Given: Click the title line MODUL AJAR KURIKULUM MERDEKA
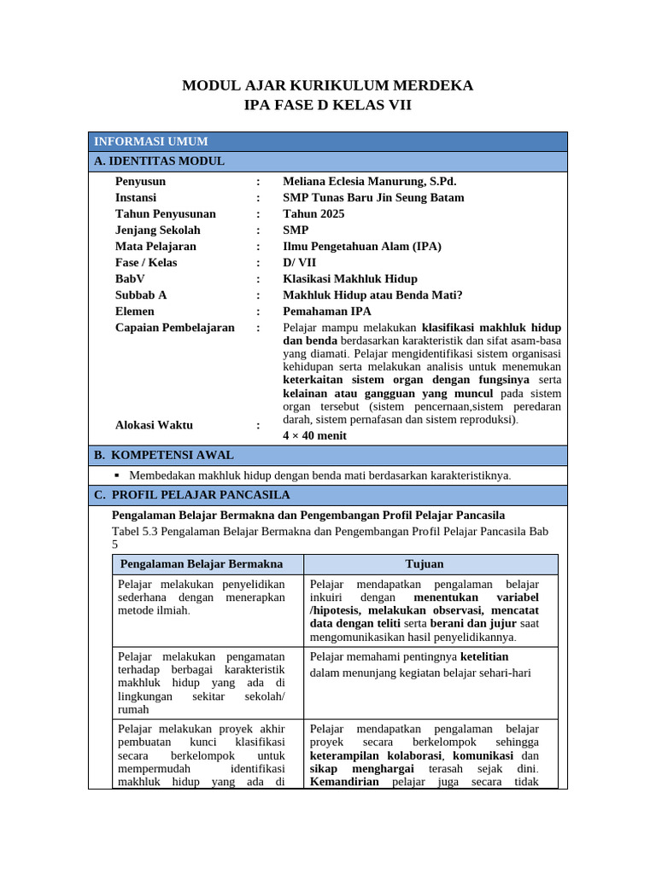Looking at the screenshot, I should [328, 85].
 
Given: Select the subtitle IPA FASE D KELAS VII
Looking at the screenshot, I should [328, 106].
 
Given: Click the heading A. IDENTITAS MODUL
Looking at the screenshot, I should [159, 161].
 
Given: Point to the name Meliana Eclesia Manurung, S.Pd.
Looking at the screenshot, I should [369, 182].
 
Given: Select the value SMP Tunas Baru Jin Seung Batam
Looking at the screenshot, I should [373, 198].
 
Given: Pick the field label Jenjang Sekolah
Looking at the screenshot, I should [158, 230].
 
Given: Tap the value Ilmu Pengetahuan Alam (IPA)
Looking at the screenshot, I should [362, 247].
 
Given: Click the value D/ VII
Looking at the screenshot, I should [299, 263].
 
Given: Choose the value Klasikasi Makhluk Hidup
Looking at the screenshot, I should [350, 279].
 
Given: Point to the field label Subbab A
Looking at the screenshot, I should [141, 295].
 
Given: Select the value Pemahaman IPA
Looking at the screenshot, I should [327, 312].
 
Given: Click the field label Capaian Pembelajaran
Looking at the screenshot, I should [174, 328].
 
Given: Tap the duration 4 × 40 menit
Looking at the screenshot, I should [314, 435].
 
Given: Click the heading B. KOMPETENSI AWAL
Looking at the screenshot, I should [163, 456].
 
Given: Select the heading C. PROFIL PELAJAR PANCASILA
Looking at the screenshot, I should [192, 495].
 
